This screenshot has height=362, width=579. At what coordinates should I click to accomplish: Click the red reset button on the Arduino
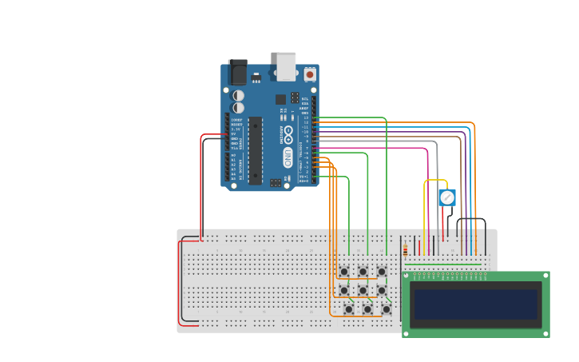(x=310, y=74)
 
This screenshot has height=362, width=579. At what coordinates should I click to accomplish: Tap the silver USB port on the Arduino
(x=286, y=66)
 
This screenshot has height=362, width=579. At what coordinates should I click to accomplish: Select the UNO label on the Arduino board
(x=288, y=157)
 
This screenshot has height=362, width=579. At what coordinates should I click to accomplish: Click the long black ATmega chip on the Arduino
(x=256, y=150)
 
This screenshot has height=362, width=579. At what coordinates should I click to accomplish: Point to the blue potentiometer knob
(x=447, y=197)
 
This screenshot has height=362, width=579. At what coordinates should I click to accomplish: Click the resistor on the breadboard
(x=405, y=250)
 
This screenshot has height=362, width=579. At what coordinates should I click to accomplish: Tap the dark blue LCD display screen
(x=476, y=304)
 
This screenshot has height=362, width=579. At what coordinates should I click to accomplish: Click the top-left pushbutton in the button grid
(x=344, y=272)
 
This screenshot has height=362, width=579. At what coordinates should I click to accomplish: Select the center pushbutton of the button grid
(x=363, y=290)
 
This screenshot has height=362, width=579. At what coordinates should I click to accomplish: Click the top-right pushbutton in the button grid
(x=382, y=272)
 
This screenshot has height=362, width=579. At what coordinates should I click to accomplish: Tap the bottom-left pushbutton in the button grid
(x=349, y=309)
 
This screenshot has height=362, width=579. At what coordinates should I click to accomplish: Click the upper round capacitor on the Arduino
(x=238, y=95)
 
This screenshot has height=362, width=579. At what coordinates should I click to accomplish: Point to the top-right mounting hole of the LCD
(x=545, y=276)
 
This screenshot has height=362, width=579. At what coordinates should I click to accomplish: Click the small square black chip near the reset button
(x=281, y=100)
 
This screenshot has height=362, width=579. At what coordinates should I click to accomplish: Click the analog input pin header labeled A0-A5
(x=226, y=167)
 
